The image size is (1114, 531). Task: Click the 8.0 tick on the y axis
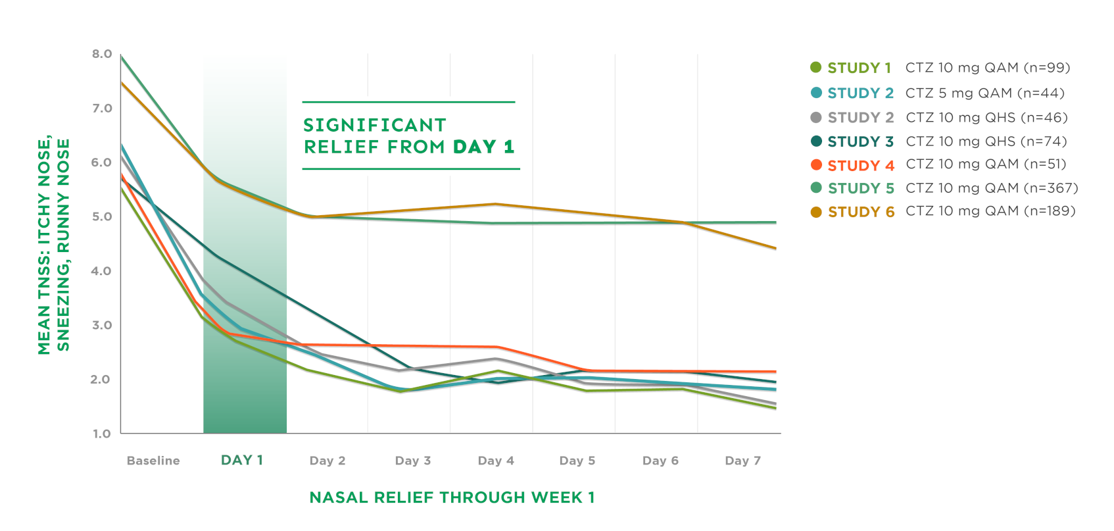pos(102,54)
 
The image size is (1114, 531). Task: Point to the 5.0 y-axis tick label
pos(102,216)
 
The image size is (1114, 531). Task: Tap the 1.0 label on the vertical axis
pos(102,434)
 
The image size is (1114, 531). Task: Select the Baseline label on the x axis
pos(153,461)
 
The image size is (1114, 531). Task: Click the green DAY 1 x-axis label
pos(242,460)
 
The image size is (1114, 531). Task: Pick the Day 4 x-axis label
pos(496,461)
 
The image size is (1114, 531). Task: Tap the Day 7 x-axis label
pos(743,461)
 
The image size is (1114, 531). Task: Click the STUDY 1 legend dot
pos(816,67)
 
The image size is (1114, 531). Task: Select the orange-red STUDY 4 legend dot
pos(816,164)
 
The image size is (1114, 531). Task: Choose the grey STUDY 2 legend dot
pos(816,117)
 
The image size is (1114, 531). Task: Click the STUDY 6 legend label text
pos(861,212)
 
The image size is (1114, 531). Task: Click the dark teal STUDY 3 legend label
pos(860,141)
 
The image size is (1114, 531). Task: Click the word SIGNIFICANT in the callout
pos(375,125)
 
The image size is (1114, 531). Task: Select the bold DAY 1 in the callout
pos(484,147)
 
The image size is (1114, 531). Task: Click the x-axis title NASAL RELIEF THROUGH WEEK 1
pos(452,497)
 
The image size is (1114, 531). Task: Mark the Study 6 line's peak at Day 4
pos(496,204)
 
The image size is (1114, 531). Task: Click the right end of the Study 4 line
pos(776,372)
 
